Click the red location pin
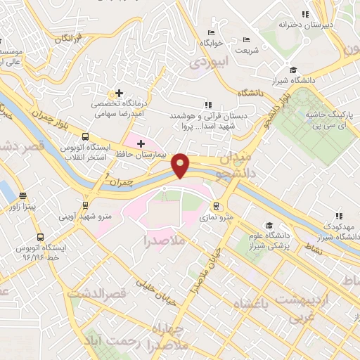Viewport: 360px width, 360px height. tap(181, 165)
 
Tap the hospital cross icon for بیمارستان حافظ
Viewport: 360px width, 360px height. tap(141, 143)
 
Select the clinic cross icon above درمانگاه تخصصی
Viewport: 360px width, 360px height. tap(119, 93)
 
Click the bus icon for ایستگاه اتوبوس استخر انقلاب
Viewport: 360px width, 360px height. tap(85, 136)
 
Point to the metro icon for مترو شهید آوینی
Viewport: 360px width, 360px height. tap(86, 205)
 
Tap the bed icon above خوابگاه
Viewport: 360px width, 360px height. tap(211, 32)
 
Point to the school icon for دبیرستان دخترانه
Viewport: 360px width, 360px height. tap(304, 13)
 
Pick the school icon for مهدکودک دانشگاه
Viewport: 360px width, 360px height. tap(338, 216)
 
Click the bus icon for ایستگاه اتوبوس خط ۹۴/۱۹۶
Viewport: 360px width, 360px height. tap(39, 238)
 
